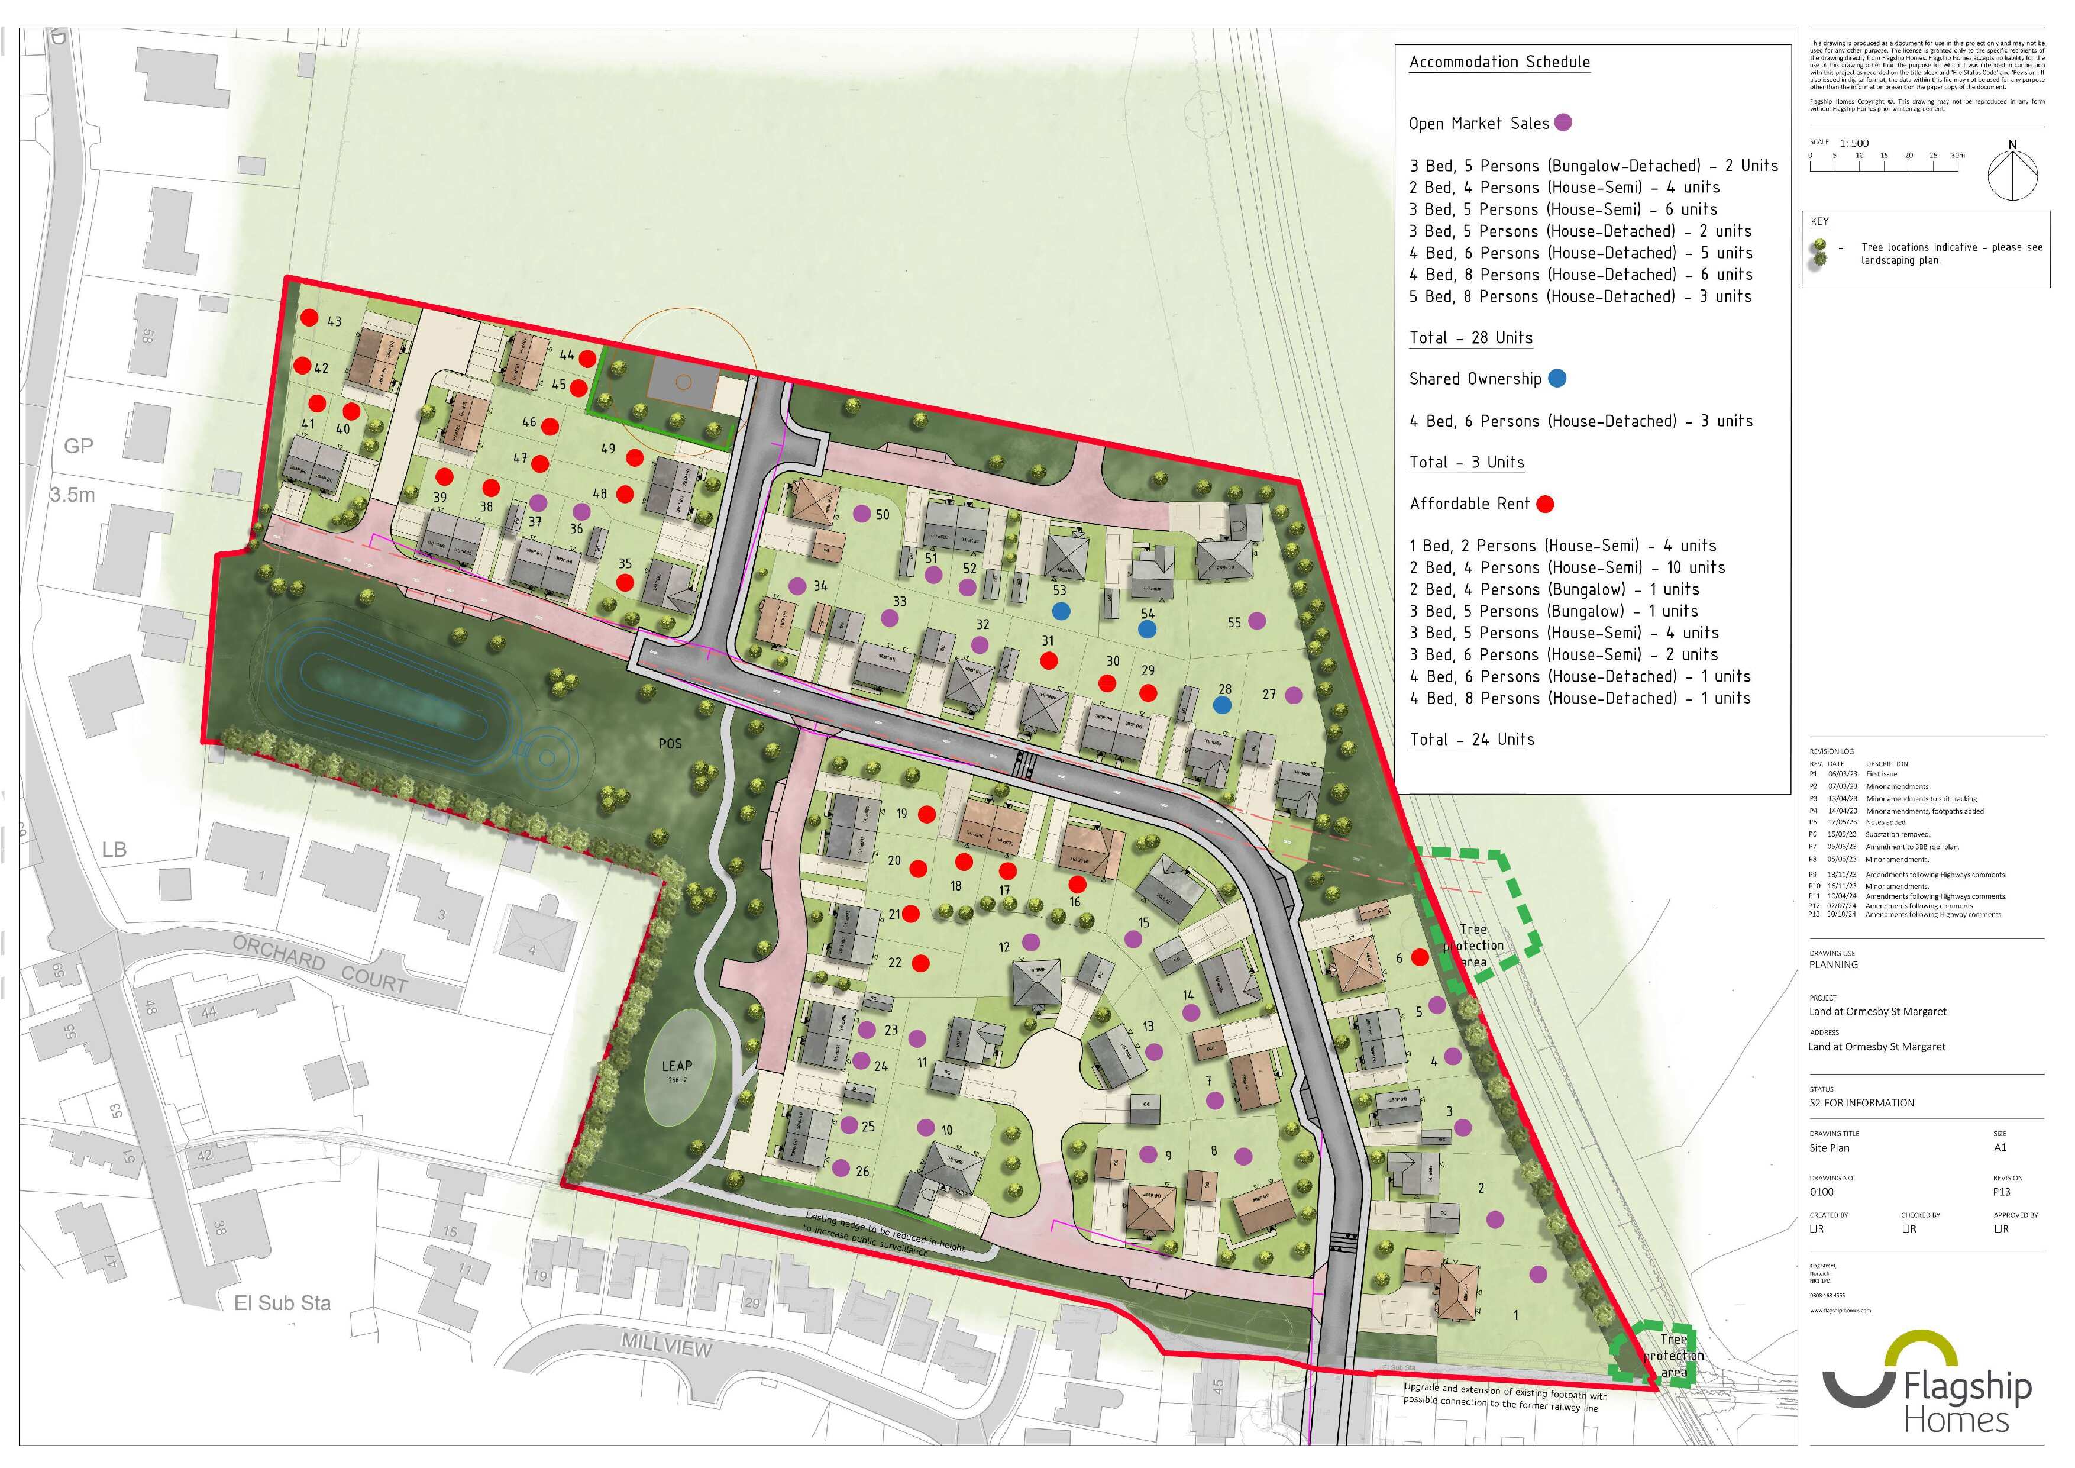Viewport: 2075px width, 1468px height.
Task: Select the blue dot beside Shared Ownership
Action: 1556,379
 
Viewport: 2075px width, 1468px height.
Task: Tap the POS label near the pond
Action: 670,744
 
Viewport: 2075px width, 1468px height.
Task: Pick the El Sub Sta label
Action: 282,1302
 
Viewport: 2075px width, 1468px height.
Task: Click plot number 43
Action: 334,321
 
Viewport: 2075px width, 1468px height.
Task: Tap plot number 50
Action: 882,514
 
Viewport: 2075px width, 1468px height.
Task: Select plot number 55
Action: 1234,622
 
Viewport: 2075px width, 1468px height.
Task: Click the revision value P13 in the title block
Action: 2002,1192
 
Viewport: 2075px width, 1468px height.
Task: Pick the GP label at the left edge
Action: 79,446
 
